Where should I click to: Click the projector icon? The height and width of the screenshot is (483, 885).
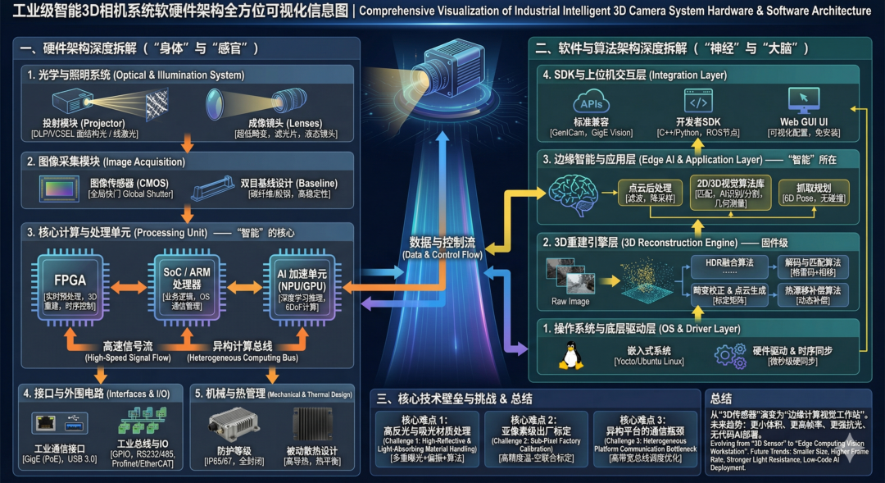tap(76, 103)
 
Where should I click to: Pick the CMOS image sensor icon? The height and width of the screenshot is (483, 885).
tap(61, 189)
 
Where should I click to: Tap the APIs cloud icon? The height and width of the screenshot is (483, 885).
tap(591, 104)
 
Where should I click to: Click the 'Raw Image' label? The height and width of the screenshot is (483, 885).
tap(570, 301)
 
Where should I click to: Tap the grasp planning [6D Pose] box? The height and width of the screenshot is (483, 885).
tap(812, 191)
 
